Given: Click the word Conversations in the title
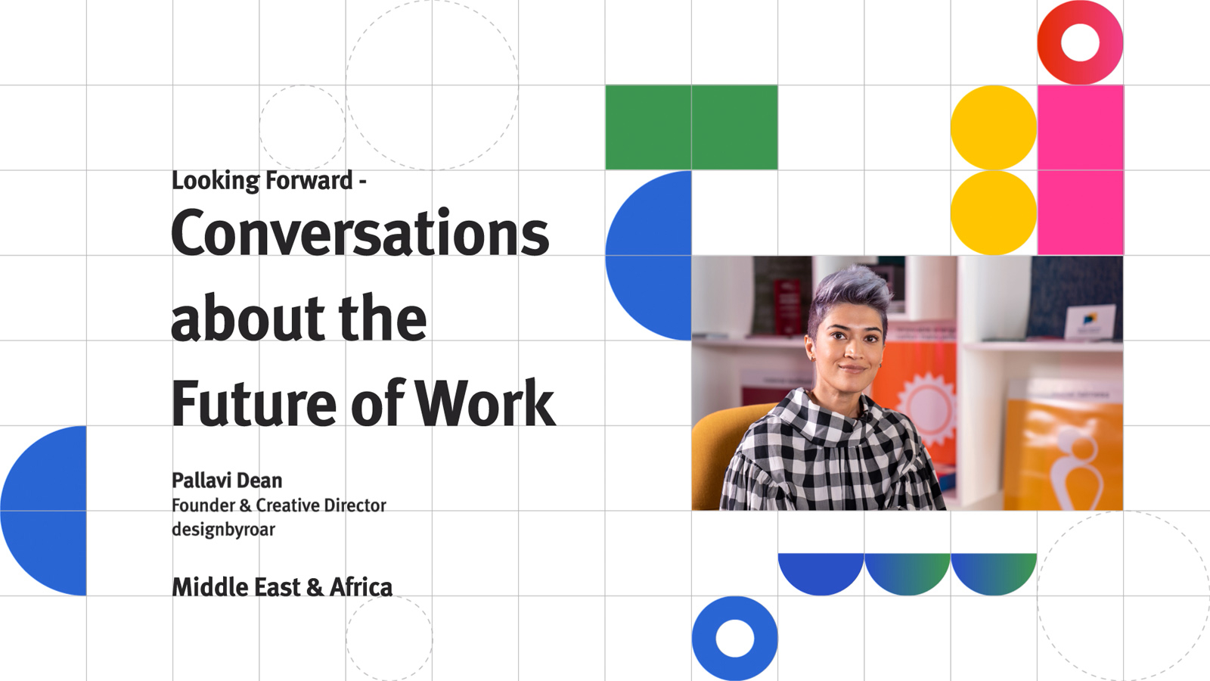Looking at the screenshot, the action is pyautogui.click(x=360, y=233).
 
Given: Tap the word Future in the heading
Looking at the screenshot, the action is pyautogui.click(x=254, y=403).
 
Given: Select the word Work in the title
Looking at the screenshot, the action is pyautogui.click(x=486, y=403).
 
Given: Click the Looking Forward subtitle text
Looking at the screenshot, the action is pyautogui.click(x=269, y=181).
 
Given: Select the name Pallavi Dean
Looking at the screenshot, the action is pyautogui.click(x=227, y=480).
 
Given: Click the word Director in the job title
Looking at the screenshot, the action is pyautogui.click(x=355, y=505).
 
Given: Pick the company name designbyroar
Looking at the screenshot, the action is pyautogui.click(x=223, y=529).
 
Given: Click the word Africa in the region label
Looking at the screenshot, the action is pyautogui.click(x=361, y=587).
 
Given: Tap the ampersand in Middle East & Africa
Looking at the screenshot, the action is pyautogui.click(x=315, y=588).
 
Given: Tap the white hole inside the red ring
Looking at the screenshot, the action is pyautogui.click(x=1081, y=42).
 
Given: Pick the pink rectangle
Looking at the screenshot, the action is pyautogui.click(x=1081, y=169).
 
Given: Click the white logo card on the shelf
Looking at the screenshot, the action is pyautogui.click(x=1090, y=322).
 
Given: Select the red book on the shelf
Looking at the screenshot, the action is pyautogui.click(x=787, y=306).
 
